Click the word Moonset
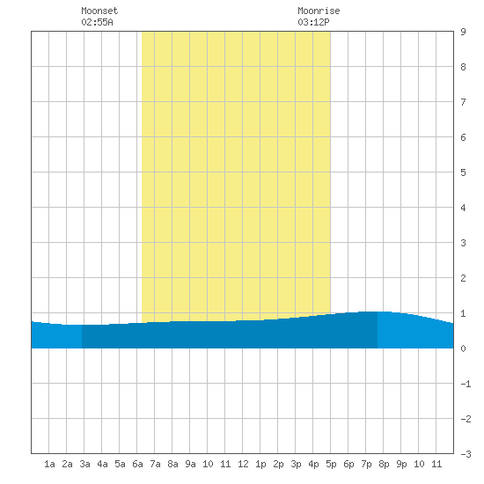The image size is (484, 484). (99, 11)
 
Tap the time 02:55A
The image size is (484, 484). (97, 22)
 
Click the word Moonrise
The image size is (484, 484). (319, 11)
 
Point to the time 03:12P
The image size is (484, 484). (313, 22)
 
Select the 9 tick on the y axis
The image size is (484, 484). (463, 32)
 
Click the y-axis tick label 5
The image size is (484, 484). (463, 172)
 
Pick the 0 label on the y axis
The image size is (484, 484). (463, 348)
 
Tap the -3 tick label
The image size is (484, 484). (466, 454)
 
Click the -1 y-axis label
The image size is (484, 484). (466, 384)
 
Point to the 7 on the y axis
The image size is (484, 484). (463, 102)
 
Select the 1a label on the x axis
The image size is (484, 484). (49, 464)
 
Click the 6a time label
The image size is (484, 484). (137, 464)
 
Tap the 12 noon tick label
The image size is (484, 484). (243, 464)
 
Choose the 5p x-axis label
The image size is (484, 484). (331, 464)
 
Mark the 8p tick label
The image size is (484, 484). (384, 464)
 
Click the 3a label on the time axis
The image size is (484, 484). (84, 464)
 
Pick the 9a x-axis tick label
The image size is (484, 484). (190, 464)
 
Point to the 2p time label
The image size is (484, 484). (278, 464)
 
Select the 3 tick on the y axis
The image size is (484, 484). (463, 243)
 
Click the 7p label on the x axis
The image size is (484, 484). (366, 464)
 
